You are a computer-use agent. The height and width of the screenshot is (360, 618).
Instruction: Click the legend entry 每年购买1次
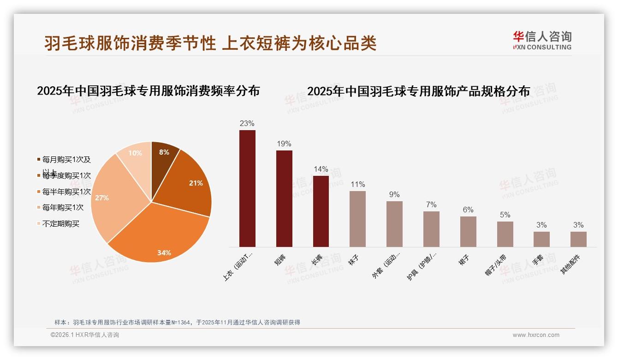pyautogui.click(x=63, y=208)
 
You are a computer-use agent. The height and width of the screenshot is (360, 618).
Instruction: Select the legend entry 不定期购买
pyautogui.click(x=60, y=224)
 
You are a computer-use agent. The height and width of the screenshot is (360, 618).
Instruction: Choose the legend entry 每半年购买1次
pyautogui.click(x=66, y=192)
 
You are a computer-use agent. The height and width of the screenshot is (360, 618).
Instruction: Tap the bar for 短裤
pyautogui.click(x=284, y=198)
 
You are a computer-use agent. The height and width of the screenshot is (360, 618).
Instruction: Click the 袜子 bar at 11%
pyautogui.click(x=357, y=219)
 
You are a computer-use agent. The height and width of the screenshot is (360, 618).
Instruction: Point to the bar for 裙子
pyautogui.click(x=468, y=231)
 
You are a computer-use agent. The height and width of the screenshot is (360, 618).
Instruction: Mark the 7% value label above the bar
pyautogui.click(x=431, y=205)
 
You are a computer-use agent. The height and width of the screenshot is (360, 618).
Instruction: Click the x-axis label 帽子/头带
pyautogui.click(x=496, y=265)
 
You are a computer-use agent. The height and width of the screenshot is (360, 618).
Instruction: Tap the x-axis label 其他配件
pyautogui.click(x=570, y=265)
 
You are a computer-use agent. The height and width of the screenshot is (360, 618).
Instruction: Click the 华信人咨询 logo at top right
pyautogui.click(x=542, y=40)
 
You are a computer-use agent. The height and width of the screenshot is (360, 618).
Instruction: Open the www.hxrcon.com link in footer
pyautogui.click(x=536, y=335)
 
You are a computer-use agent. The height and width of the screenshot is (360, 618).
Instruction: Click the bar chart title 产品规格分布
pyautogui.click(x=418, y=91)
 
